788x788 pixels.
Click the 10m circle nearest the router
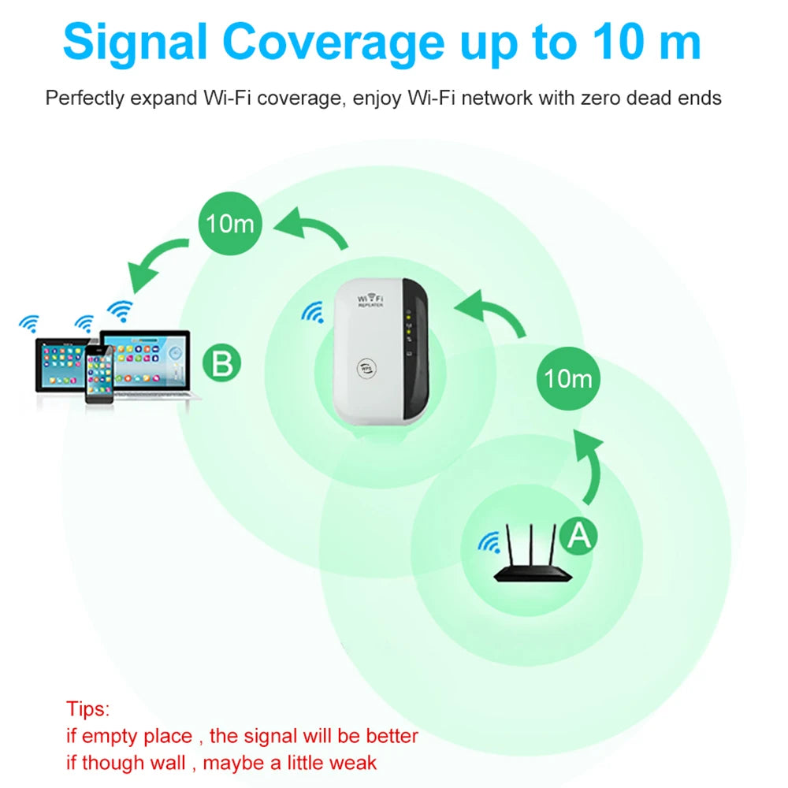pos(568,378)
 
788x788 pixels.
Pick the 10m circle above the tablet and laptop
pos(229,223)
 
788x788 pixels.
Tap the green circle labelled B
pos(222,364)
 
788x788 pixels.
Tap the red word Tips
pos(88,708)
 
